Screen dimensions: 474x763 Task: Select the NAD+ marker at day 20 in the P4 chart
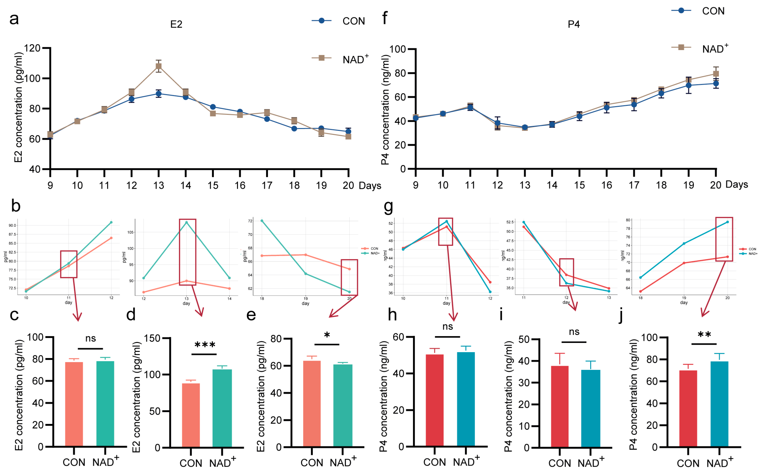tap(716, 74)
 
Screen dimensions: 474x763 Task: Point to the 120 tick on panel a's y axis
tap(33, 48)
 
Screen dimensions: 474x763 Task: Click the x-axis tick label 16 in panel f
tap(607, 185)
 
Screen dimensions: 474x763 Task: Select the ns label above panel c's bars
tap(91, 339)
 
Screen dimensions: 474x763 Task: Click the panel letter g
tap(388, 207)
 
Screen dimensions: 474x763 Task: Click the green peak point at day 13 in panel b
tap(187, 222)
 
